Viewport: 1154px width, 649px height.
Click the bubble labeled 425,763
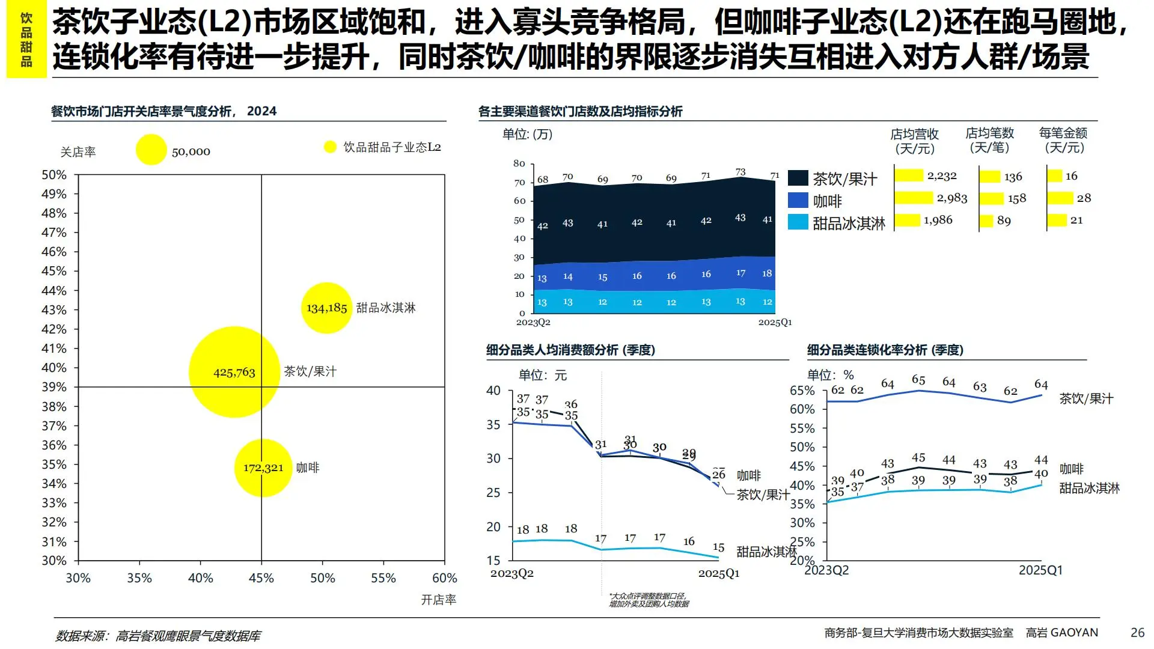tap(234, 372)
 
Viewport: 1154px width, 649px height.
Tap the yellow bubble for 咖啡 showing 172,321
tap(263, 468)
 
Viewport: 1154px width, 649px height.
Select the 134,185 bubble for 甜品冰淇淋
tap(326, 308)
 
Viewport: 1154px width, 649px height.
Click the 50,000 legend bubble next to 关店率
tap(151, 150)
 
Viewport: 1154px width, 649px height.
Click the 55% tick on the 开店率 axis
tap(383, 578)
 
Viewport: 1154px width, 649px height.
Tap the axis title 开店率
tap(438, 600)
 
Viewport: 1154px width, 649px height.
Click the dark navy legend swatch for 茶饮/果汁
tap(798, 178)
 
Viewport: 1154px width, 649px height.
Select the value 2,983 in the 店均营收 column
tap(952, 198)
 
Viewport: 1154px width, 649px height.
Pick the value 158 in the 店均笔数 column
tap(1017, 199)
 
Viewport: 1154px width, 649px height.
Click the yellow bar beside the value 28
tap(1060, 198)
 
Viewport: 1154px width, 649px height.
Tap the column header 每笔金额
tap(1063, 133)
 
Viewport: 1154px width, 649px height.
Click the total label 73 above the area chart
tap(740, 172)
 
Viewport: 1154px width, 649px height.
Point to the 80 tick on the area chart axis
tap(519, 163)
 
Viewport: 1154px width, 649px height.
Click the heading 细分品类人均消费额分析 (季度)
tap(570, 350)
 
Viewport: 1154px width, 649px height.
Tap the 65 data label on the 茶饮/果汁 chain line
tap(918, 380)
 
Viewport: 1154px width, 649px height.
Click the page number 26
tap(1137, 632)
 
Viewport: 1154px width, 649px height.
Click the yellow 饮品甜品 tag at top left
tap(26, 40)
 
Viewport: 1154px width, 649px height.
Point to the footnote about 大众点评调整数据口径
tap(649, 600)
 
